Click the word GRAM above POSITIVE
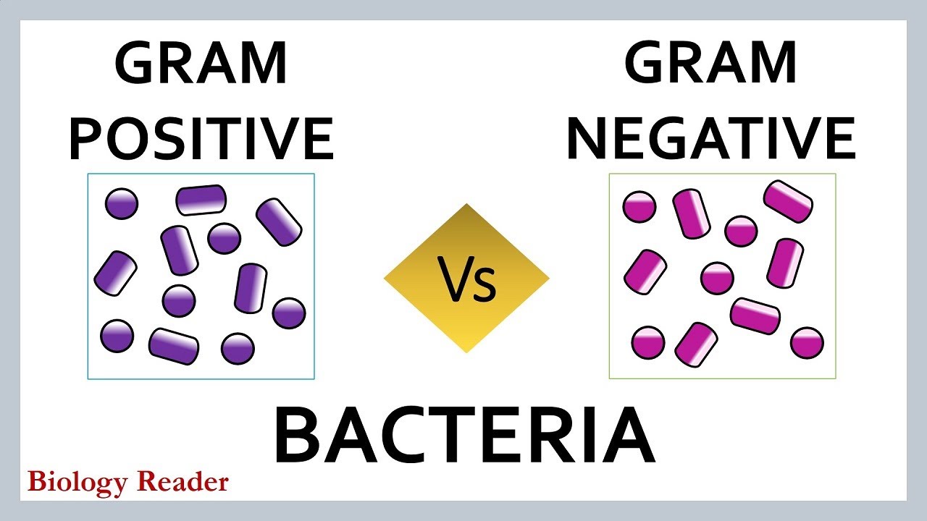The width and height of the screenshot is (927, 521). point(201,63)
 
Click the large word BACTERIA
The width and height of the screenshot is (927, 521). point(464,436)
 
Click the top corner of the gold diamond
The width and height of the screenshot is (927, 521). point(466,206)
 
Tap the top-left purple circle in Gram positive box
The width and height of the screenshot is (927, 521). point(122,204)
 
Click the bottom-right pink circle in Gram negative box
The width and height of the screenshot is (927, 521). point(807,342)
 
